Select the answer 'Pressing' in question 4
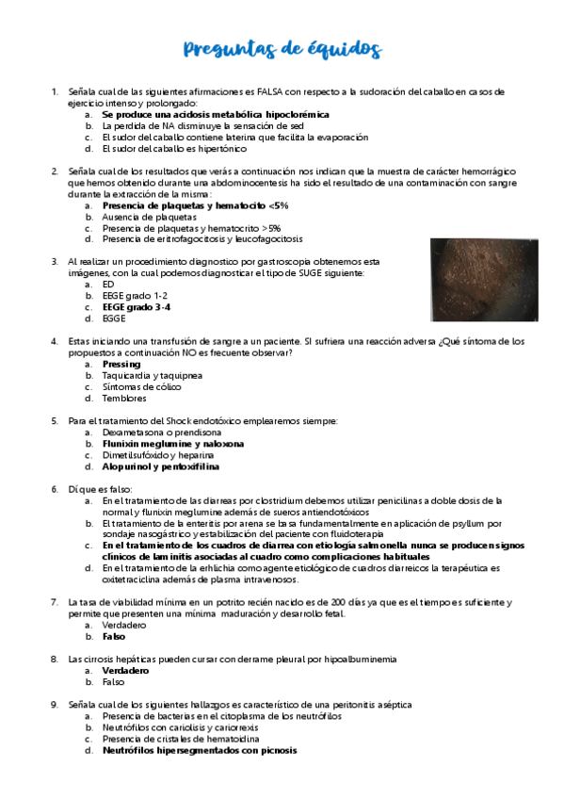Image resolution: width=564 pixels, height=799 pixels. tap(121, 364)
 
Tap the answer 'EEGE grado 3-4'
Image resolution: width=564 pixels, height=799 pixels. tap(137, 307)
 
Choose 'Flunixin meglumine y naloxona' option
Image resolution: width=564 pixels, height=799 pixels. tap(172, 443)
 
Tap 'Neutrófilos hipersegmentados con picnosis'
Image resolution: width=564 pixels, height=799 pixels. tap(200, 751)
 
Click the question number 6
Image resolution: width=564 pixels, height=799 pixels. tap(55, 489)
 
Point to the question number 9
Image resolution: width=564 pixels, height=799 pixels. tap(55, 705)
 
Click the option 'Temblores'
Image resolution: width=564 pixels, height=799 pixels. tap(125, 398)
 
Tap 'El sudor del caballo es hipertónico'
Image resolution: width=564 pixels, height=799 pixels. tap(174, 148)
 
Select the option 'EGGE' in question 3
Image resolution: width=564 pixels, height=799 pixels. tap(114, 318)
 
